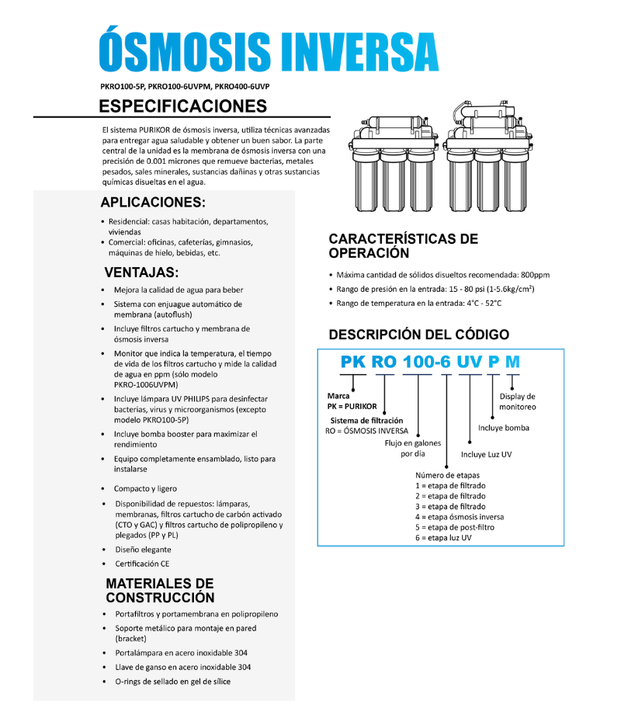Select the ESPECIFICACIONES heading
[x=183, y=106]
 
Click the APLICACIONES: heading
[x=153, y=203]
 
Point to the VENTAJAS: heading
[x=141, y=272]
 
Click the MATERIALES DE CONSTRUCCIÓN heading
[x=160, y=590]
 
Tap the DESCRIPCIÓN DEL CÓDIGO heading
[x=419, y=335]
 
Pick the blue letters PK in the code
[x=353, y=363]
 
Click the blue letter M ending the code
[x=513, y=363]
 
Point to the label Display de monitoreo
[x=517, y=401]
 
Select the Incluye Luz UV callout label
[x=486, y=454]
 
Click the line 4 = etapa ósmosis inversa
[x=459, y=516]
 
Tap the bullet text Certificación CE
[x=142, y=563]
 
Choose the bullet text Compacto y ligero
[x=145, y=488]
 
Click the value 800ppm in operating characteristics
[x=535, y=275]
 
